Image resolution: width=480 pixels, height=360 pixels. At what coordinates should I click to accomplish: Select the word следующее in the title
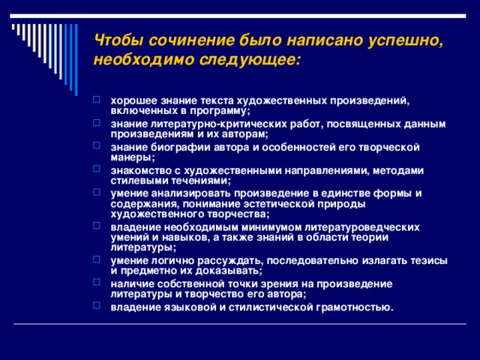pyautogui.click(x=250, y=58)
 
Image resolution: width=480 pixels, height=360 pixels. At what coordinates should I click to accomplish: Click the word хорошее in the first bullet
pyautogui.click(x=132, y=100)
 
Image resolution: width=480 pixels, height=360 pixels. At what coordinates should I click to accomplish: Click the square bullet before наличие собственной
pyautogui.click(x=100, y=283)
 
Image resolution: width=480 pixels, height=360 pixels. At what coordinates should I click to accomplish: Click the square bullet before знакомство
pyautogui.click(x=100, y=170)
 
